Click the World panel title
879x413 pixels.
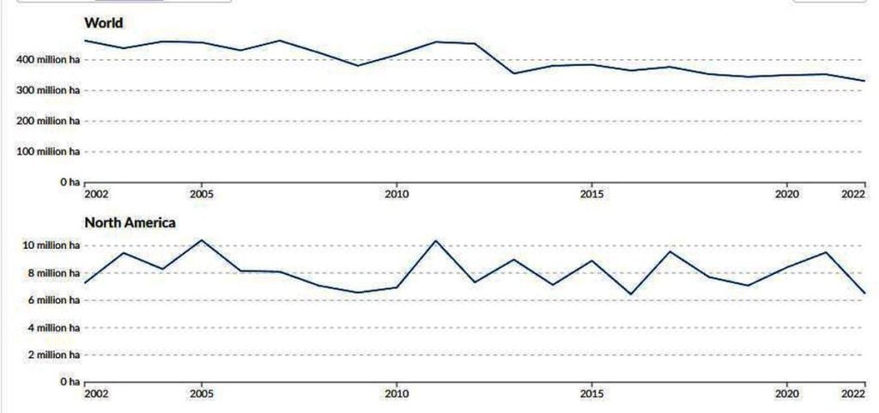point(104,22)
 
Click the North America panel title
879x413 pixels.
point(130,222)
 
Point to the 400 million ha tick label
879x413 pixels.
point(48,59)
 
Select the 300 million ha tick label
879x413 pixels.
point(48,90)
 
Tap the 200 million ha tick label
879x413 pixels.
point(48,121)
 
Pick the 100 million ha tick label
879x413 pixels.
point(48,152)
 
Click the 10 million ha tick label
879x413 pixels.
point(51,246)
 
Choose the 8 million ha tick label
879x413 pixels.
point(53,273)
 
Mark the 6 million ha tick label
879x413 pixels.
point(53,301)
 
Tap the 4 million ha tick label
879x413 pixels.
point(53,328)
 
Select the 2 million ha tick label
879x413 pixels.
point(53,355)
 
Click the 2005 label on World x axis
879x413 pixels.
point(202,194)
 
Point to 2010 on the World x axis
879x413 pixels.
point(396,194)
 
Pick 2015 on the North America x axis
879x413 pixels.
point(591,393)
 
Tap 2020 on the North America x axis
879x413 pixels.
point(785,393)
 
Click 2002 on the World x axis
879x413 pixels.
point(97,194)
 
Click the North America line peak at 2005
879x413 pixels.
point(202,240)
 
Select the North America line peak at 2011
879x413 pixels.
point(435,240)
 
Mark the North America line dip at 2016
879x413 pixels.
point(630,295)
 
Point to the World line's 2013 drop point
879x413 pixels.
point(513,73)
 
